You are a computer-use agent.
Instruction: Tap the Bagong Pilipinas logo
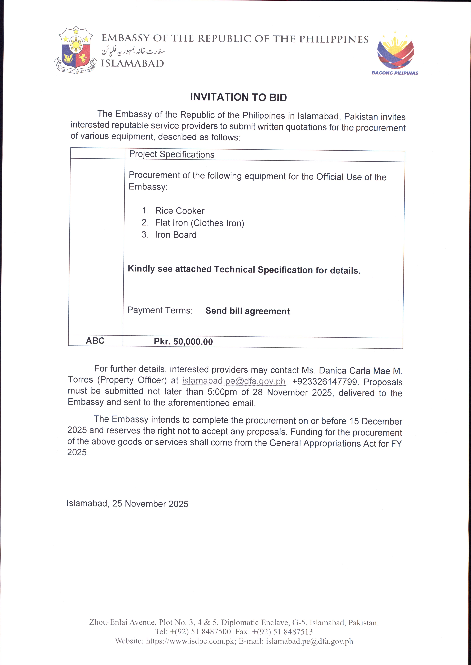[x=395, y=54]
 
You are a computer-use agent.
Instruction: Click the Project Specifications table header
[x=172, y=154]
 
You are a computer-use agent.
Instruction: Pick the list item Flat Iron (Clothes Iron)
[x=200, y=223]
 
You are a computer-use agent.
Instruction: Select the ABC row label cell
[x=95, y=341]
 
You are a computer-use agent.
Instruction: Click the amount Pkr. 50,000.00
[x=183, y=342]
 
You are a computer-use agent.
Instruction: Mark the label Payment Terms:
[x=160, y=310]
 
